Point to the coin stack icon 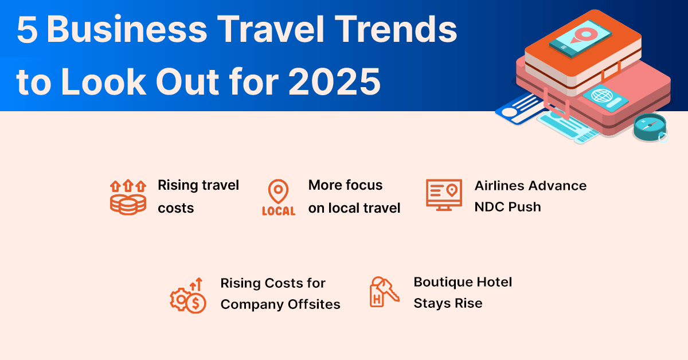(128, 197)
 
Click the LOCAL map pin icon (278, 197)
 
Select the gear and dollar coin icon (188, 294)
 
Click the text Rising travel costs (198, 196)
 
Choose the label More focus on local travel (354, 196)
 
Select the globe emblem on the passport (600, 95)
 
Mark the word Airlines (500, 186)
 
